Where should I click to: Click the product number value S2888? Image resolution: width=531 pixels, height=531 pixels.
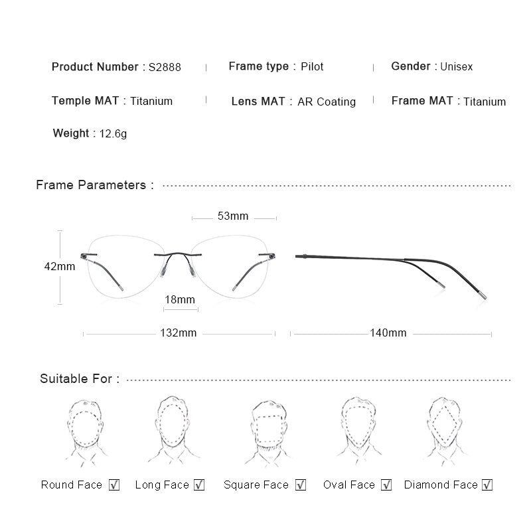165,67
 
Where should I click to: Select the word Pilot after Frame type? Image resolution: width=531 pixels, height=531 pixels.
312,67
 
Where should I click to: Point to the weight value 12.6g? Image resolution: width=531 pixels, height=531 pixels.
113,134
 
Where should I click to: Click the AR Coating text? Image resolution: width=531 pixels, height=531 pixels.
327,102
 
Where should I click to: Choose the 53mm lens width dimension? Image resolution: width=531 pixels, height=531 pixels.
233,216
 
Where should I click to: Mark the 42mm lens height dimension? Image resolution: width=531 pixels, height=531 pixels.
60,267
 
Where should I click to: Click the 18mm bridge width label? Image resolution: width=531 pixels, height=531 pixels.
180,300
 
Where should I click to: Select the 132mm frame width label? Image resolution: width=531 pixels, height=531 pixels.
179,333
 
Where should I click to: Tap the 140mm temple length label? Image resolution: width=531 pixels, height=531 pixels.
388,333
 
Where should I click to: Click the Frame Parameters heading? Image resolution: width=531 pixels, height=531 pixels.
95,185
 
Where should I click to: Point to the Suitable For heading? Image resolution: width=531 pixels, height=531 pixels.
80,379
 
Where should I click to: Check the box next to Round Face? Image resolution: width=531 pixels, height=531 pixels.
114,485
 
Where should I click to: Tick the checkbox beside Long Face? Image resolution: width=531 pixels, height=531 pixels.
199,485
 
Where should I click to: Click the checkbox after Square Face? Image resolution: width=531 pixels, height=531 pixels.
301,485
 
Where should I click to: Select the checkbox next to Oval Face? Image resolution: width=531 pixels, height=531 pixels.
386,485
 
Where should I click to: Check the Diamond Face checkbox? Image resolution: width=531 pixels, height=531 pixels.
487,485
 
